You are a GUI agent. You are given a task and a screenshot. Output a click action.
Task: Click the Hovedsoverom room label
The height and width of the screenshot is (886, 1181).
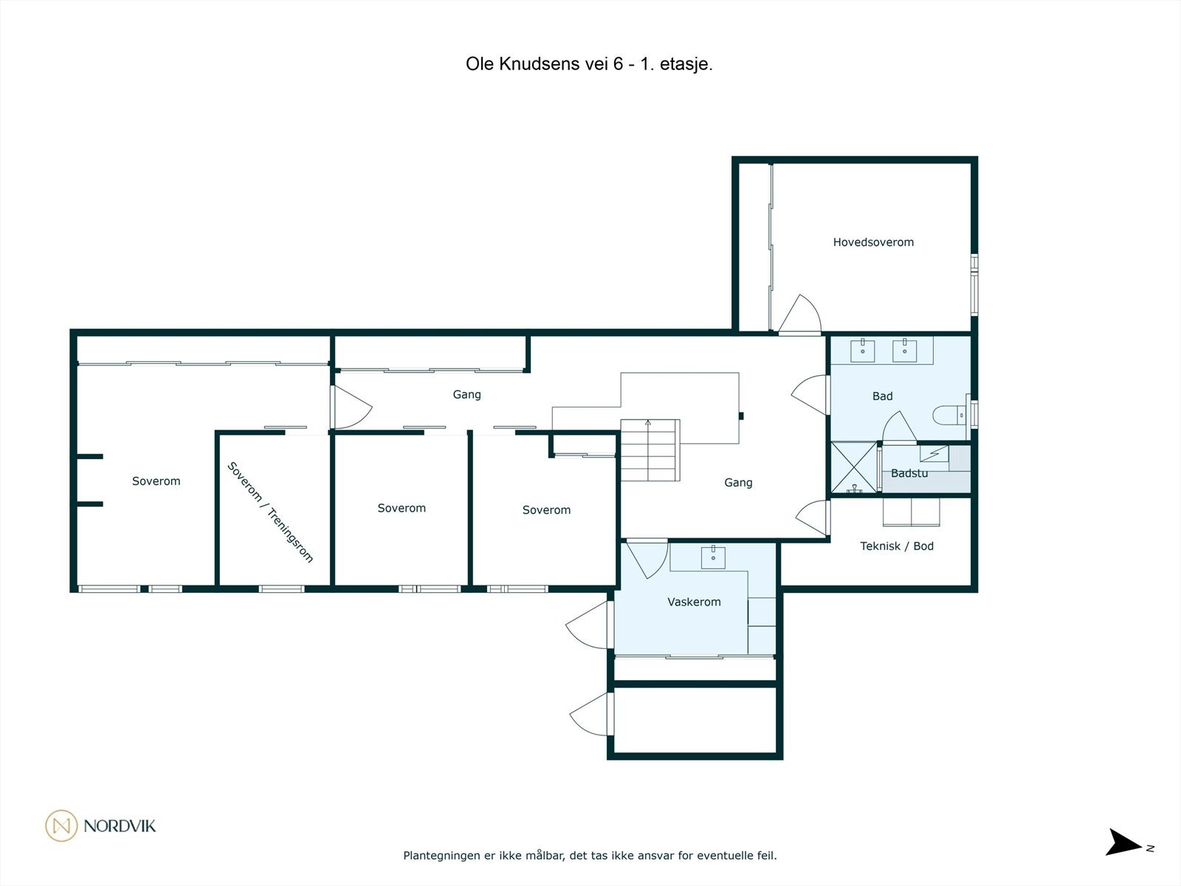(873, 242)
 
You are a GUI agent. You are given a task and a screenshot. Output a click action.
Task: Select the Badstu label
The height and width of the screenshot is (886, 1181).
(909, 473)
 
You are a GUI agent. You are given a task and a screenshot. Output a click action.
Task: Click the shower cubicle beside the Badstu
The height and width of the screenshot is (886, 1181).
(854, 467)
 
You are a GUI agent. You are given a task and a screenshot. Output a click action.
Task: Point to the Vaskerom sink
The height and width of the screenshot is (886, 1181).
(713, 557)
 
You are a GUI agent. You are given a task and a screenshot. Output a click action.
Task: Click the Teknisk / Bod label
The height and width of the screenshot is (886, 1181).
(897, 546)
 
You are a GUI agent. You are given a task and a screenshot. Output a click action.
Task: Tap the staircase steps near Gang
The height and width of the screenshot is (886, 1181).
(649, 450)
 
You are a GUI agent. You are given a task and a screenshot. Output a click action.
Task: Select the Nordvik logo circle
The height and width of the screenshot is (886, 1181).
(61, 825)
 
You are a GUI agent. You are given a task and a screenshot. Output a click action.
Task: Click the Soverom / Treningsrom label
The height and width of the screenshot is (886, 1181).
(270, 512)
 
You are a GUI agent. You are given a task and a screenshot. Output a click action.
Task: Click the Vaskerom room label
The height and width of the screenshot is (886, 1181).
(694, 602)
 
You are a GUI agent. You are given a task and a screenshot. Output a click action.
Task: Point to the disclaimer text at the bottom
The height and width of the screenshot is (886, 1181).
(590, 856)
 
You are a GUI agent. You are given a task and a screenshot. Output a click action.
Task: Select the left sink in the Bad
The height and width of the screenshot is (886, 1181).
(862, 351)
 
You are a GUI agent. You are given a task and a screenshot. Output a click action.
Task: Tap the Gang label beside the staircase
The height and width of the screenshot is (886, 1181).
(738, 483)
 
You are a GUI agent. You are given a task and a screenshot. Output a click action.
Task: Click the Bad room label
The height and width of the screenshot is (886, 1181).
(882, 396)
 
